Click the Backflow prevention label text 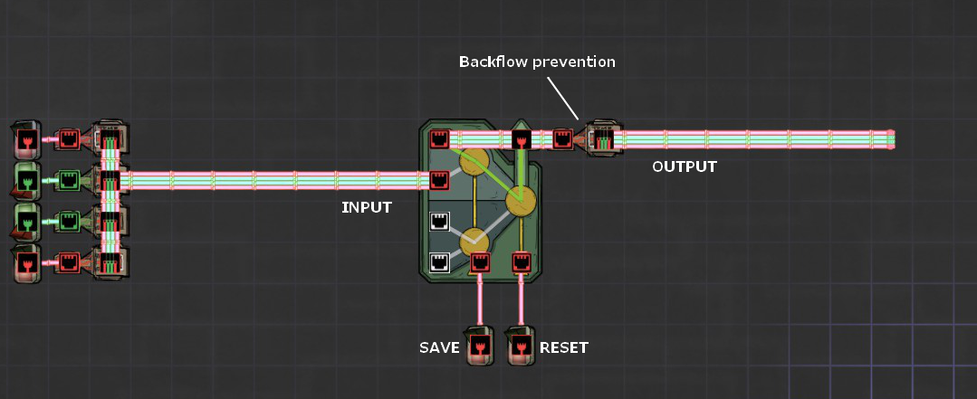537,62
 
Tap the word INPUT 366,207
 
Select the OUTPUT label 684,166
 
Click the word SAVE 438,347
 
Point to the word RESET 564,347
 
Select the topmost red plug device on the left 27,140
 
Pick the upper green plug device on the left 27,180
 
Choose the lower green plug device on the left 27,222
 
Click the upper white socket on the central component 439,221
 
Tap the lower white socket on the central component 439,262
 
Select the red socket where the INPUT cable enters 439,180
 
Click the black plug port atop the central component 522,139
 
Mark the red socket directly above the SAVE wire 480,262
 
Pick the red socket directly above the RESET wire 522,262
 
